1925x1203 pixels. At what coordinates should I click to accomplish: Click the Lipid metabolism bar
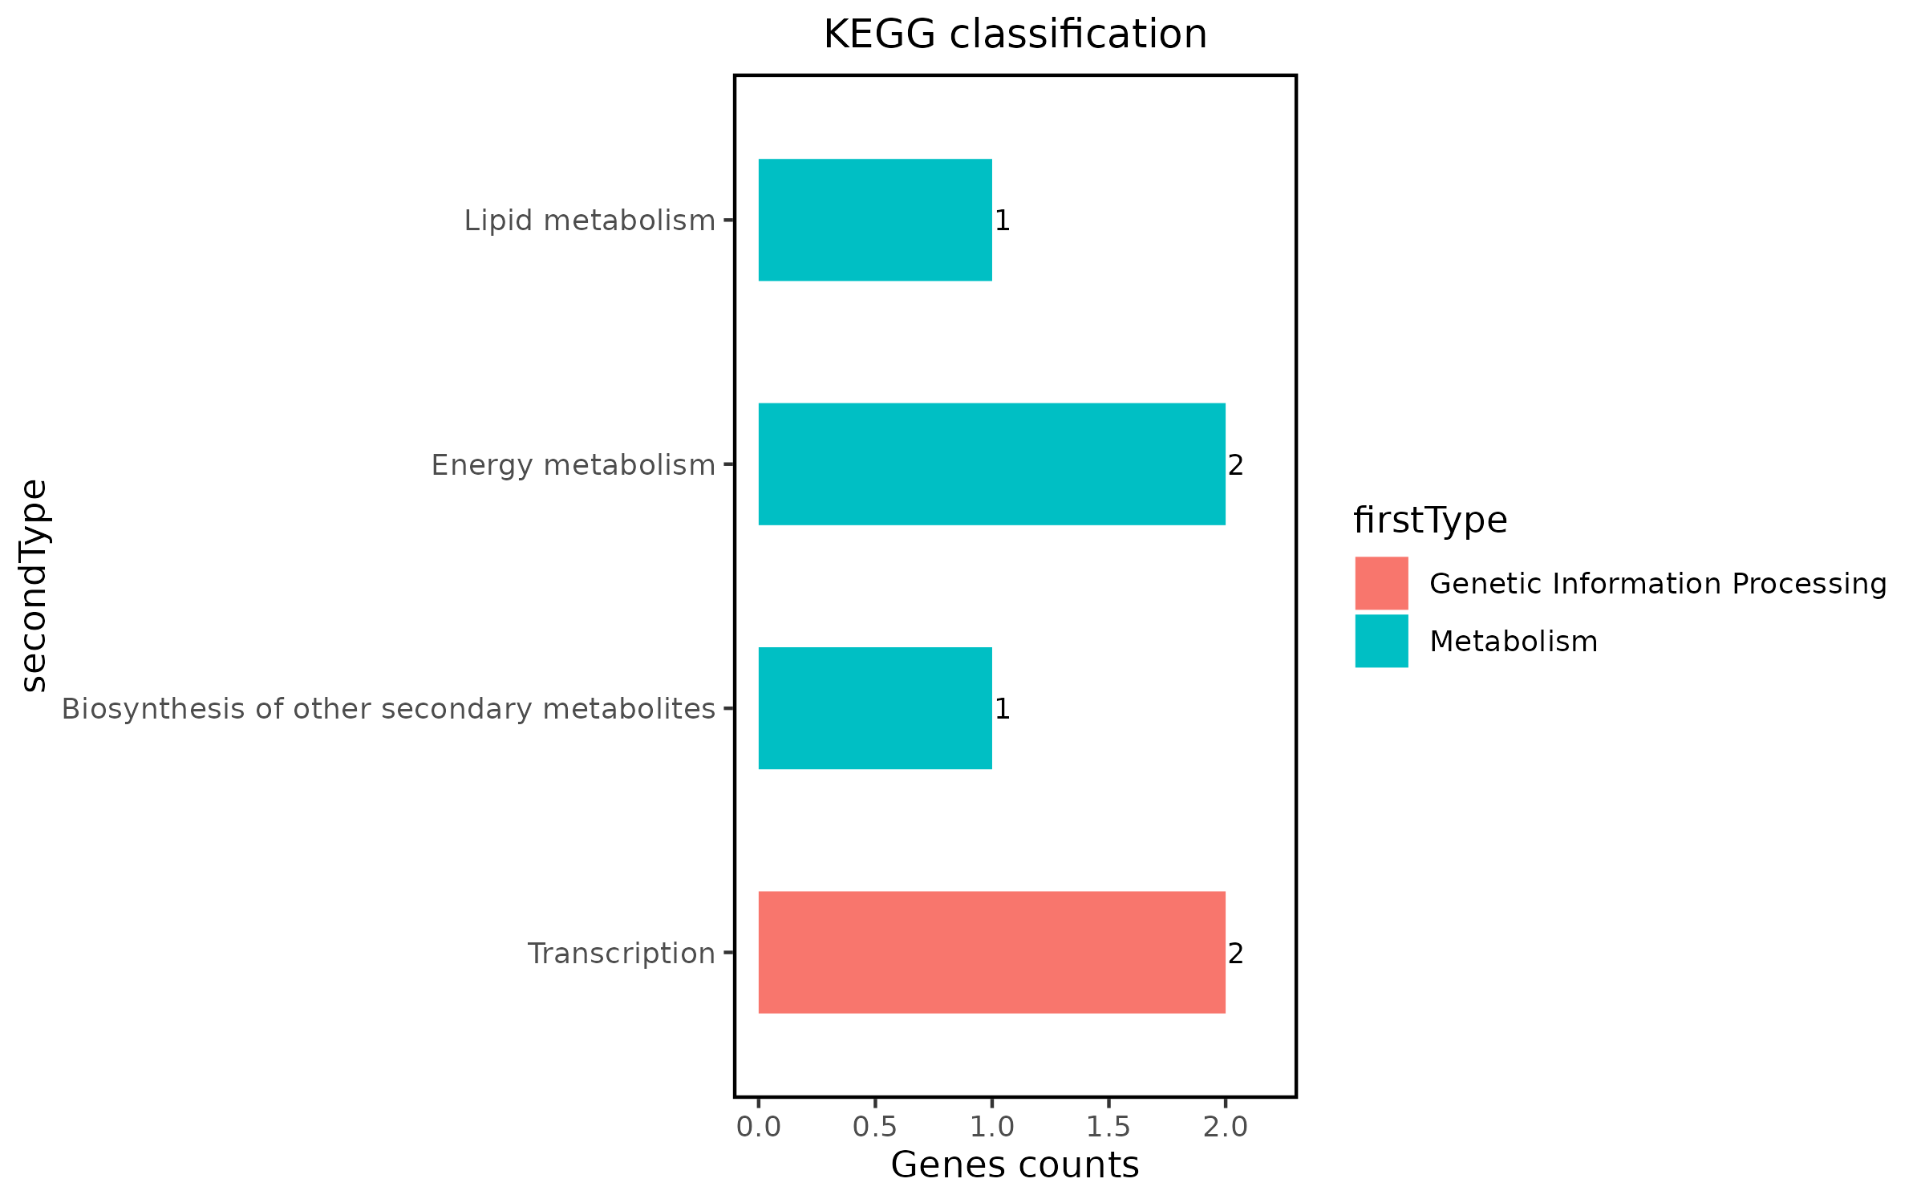click(875, 220)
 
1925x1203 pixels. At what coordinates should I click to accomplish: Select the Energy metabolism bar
click(991, 464)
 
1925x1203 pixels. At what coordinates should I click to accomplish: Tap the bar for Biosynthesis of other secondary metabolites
click(875, 708)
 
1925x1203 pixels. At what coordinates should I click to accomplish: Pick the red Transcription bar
click(991, 953)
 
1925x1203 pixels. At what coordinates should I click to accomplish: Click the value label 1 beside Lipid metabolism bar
click(1002, 221)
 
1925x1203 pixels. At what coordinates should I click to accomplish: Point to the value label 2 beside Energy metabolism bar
click(1235, 465)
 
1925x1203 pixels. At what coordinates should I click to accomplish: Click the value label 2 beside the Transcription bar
click(1235, 954)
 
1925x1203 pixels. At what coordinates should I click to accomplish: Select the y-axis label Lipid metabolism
click(590, 221)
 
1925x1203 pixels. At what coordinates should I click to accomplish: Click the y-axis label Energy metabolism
click(573, 465)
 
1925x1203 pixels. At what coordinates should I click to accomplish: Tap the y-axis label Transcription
click(621, 954)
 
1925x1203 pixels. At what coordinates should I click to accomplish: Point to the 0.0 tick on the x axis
click(758, 1127)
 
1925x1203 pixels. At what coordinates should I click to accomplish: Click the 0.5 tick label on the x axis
click(875, 1127)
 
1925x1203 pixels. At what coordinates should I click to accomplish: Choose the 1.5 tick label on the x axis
click(1108, 1127)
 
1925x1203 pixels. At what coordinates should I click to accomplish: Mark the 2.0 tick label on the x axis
click(1226, 1127)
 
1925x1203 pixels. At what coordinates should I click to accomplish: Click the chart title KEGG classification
click(1015, 34)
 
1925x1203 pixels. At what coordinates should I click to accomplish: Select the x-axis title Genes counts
click(1015, 1165)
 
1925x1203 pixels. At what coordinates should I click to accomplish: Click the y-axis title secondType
click(34, 585)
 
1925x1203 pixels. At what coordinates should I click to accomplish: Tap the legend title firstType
click(1430, 520)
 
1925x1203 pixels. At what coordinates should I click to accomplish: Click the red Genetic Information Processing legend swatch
click(1381, 583)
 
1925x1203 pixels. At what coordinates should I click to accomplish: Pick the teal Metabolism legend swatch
click(1381, 641)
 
